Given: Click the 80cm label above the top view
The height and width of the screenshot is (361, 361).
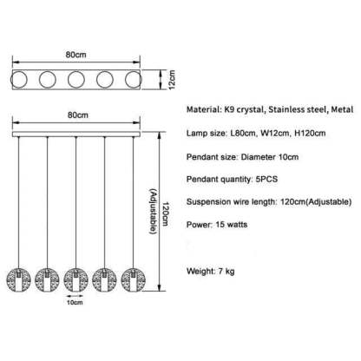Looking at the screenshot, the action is click(x=75, y=55).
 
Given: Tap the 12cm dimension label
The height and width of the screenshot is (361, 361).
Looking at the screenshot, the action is click(x=172, y=80).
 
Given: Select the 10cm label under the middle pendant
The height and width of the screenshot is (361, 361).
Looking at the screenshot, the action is click(x=75, y=303).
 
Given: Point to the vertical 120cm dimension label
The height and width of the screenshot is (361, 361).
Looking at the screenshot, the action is click(x=165, y=214).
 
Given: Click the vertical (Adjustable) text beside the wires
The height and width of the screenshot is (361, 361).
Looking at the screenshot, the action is click(x=154, y=212).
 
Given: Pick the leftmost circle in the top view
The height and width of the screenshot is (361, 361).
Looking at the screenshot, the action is click(x=19, y=80).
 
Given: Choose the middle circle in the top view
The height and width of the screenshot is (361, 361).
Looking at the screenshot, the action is click(x=76, y=80).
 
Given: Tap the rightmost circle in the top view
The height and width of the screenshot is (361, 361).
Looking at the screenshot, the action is click(x=134, y=80).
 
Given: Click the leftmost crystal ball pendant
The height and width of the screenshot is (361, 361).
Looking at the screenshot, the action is click(x=18, y=279).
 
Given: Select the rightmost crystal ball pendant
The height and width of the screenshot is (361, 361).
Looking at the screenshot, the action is click(x=133, y=279).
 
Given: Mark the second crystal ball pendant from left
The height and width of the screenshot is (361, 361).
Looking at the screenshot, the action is click(x=47, y=279).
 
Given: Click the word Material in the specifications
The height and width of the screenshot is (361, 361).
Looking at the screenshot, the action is click(x=202, y=109).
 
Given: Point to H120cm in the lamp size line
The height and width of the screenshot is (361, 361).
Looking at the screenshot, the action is click(x=310, y=134).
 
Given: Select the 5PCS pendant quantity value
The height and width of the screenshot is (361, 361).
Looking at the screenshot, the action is click(x=266, y=179).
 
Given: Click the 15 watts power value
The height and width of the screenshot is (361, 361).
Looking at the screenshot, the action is click(x=232, y=225).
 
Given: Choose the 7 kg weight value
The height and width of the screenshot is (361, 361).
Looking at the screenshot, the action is click(x=226, y=272).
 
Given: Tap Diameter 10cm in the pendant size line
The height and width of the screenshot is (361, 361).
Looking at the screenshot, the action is click(x=270, y=157).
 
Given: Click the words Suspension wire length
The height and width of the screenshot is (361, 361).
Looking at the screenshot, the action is click(x=231, y=202).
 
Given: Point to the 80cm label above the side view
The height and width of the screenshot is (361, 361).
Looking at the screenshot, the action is click(x=78, y=115).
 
